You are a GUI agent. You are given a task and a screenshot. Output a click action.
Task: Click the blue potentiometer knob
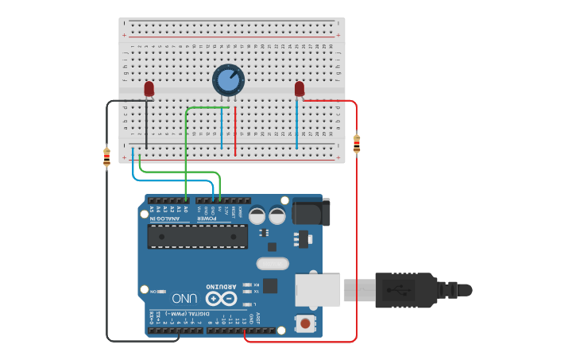[x=228, y=79]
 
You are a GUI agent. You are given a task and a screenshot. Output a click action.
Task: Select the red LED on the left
[x=149, y=89]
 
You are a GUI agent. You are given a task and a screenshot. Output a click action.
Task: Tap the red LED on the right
[x=300, y=89]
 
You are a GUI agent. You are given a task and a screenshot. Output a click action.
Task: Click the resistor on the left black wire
[x=107, y=157]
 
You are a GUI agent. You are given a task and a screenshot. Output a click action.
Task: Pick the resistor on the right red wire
[x=356, y=144]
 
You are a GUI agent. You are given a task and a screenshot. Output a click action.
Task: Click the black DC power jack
[x=311, y=211]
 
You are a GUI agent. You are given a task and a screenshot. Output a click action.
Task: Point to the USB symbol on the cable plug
[x=397, y=290]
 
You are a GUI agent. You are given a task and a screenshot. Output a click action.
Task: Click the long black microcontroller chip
[x=197, y=236]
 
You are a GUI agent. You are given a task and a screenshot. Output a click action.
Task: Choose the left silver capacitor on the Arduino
[x=257, y=215]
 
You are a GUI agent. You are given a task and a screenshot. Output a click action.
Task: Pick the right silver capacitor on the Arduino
[x=277, y=215]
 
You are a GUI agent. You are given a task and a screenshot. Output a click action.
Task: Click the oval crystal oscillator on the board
[x=273, y=264]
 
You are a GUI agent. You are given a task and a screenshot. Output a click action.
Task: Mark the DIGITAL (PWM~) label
[x=195, y=314]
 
